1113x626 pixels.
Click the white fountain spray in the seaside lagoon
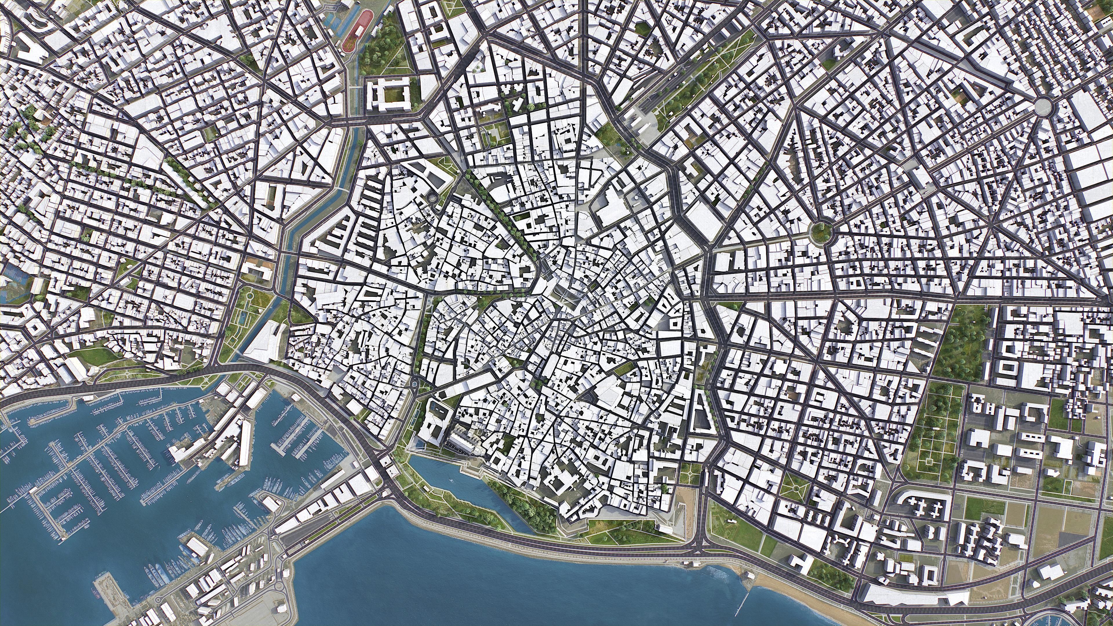coord(451,481)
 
